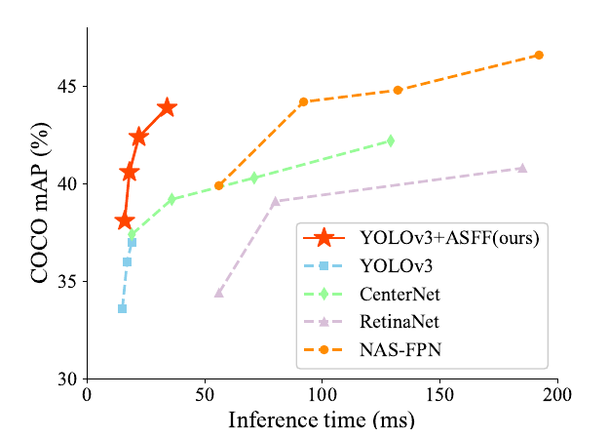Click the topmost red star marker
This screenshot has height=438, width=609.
(x=167, y=107)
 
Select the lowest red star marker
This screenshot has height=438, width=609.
(x=125, y=221)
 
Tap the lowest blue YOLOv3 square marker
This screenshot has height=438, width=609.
(x=123, y=308)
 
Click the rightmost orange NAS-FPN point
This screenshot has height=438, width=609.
(x=539, y=55)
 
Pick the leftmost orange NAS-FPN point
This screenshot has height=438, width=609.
(x=219, y=185)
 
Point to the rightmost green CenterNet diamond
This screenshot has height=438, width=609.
(x=391, y=140)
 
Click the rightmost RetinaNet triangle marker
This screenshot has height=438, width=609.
(x=522, y=168)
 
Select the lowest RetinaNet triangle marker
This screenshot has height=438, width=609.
(x=218, y=292)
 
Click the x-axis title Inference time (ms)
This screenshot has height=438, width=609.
(x=322, y=419)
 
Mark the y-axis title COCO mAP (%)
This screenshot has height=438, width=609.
(x=40, y=203)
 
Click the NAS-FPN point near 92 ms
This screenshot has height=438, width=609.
(x=303, y=101)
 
